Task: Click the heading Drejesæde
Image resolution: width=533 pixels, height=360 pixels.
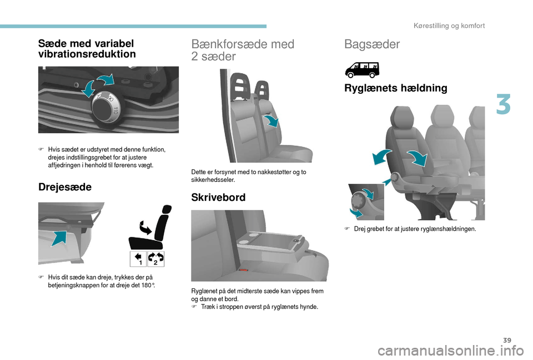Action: coord(65,187)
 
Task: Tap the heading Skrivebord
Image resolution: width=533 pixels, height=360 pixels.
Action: coord(218,197)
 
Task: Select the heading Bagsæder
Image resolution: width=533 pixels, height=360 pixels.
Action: coord(372,44)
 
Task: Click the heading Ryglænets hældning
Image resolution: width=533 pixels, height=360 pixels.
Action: coord(396,88)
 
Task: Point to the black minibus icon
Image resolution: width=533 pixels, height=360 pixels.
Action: coord(362,70)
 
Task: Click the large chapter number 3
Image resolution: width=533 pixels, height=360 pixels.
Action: coord(503,105)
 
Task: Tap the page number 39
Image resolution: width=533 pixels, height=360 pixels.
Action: coord(507,340)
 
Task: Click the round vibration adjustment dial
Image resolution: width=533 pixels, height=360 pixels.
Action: coord(105,108)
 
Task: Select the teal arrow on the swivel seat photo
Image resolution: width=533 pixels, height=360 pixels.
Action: coord(60,238)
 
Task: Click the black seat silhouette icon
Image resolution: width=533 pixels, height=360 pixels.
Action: coord(150,227)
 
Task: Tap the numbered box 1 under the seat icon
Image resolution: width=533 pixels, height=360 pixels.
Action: coord(138,259)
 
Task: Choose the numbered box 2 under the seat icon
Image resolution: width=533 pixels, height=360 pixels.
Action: coord(155,259)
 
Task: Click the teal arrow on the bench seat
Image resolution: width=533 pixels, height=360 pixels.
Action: coord(271,120)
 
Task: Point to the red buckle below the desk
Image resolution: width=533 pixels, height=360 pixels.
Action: coord(243,270)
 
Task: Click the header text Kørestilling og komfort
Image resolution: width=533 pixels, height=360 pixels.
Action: coord(449,26)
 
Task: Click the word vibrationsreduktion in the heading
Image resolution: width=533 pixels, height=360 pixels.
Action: coord(87,54)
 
